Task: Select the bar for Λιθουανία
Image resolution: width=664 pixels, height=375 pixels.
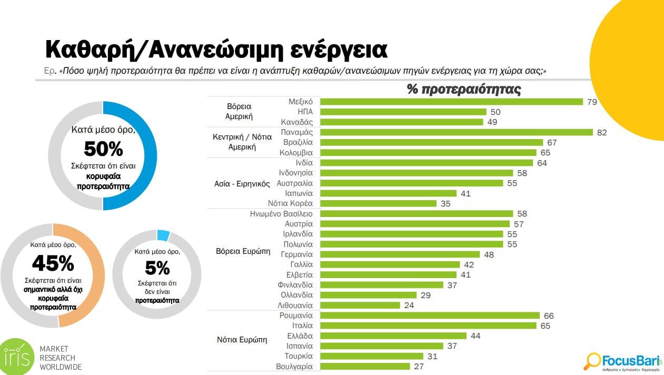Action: tap(360, 305)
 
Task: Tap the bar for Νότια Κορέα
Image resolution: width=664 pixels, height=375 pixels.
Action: tap(379, 203)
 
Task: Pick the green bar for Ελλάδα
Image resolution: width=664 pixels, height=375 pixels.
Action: tap(393, 336)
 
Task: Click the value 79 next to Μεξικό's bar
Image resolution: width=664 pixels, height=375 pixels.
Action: tap(592, 102)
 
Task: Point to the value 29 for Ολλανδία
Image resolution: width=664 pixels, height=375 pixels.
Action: tap(425, 295)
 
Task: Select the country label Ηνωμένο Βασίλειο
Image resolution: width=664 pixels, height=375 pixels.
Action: tap(282, 214)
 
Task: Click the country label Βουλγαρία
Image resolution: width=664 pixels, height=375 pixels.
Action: tap(294, 367)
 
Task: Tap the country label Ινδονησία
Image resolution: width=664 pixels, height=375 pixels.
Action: tap(295, 173)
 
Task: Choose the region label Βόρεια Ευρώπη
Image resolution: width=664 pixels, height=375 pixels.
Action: tap(243, 251)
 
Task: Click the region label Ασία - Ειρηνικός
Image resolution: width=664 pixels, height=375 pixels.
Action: tap(241, 184)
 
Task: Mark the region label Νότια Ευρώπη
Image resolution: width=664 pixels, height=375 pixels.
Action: tap(242, 340)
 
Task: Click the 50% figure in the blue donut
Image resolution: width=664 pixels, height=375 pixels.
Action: tap(103, 149)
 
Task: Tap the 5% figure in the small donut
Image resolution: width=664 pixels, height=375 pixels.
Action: tap(157, 268)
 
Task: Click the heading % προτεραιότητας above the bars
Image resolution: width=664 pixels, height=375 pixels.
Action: tap(464, 90)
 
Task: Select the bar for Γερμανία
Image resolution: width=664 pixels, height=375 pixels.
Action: tap(400, 254)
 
